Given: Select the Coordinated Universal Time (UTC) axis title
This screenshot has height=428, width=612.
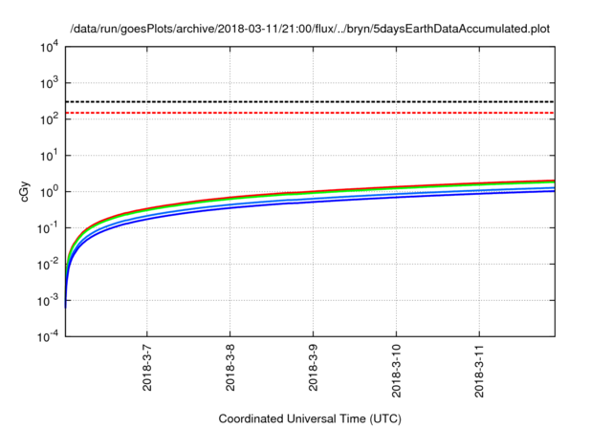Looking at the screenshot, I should coord(310,418).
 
